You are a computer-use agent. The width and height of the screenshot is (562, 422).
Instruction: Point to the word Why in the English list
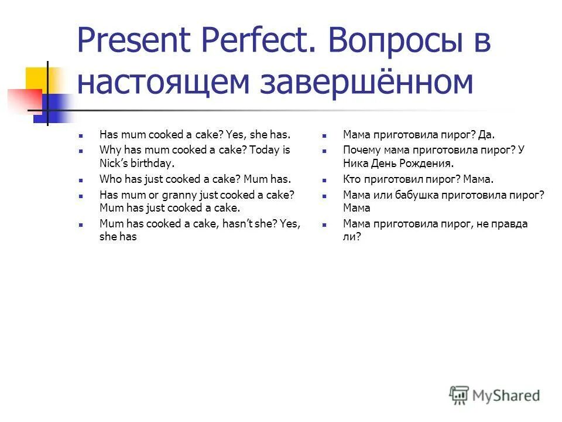110,150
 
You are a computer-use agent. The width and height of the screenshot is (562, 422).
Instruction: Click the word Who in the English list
110,179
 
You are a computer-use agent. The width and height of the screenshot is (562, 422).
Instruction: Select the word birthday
153,164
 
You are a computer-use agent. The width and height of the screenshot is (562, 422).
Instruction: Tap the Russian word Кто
351,179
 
